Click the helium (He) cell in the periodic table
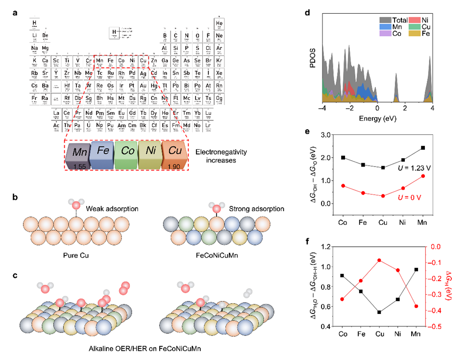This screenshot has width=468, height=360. (x=220, y=24)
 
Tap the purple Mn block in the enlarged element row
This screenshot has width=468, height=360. (x=77, y=155)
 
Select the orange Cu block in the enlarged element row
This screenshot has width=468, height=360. (x=174, y=155)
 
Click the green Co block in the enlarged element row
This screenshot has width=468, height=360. (x=126, y=155)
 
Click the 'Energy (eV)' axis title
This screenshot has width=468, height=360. (x=377, y=119)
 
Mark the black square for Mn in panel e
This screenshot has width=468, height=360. (x=423, y=147)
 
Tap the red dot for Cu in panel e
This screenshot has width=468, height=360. (x=382, y=196)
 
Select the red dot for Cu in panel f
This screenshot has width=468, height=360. (x=382, y=260)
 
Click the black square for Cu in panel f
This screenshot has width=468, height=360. (x=382, y=312)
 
